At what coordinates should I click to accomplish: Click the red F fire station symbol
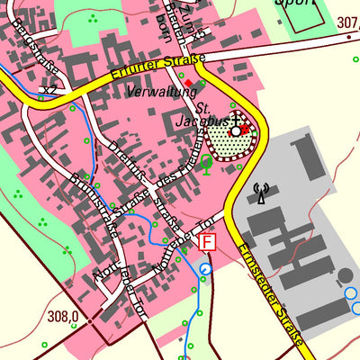coord(208,242)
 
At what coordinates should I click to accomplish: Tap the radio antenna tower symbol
coord(262,193)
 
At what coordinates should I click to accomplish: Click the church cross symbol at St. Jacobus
coord(237,120)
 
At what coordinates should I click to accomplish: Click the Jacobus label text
coord(211,117)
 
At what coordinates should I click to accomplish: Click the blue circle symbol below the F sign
coord(206,268)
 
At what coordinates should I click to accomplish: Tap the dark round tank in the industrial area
coord(346,274)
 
